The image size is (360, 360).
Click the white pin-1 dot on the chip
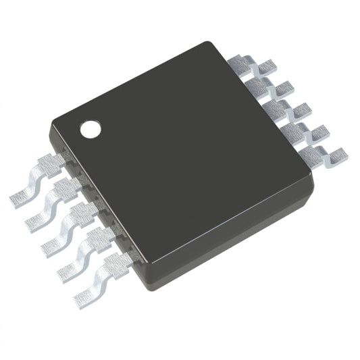coord(90,128)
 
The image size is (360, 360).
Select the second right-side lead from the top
coord(269,87)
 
